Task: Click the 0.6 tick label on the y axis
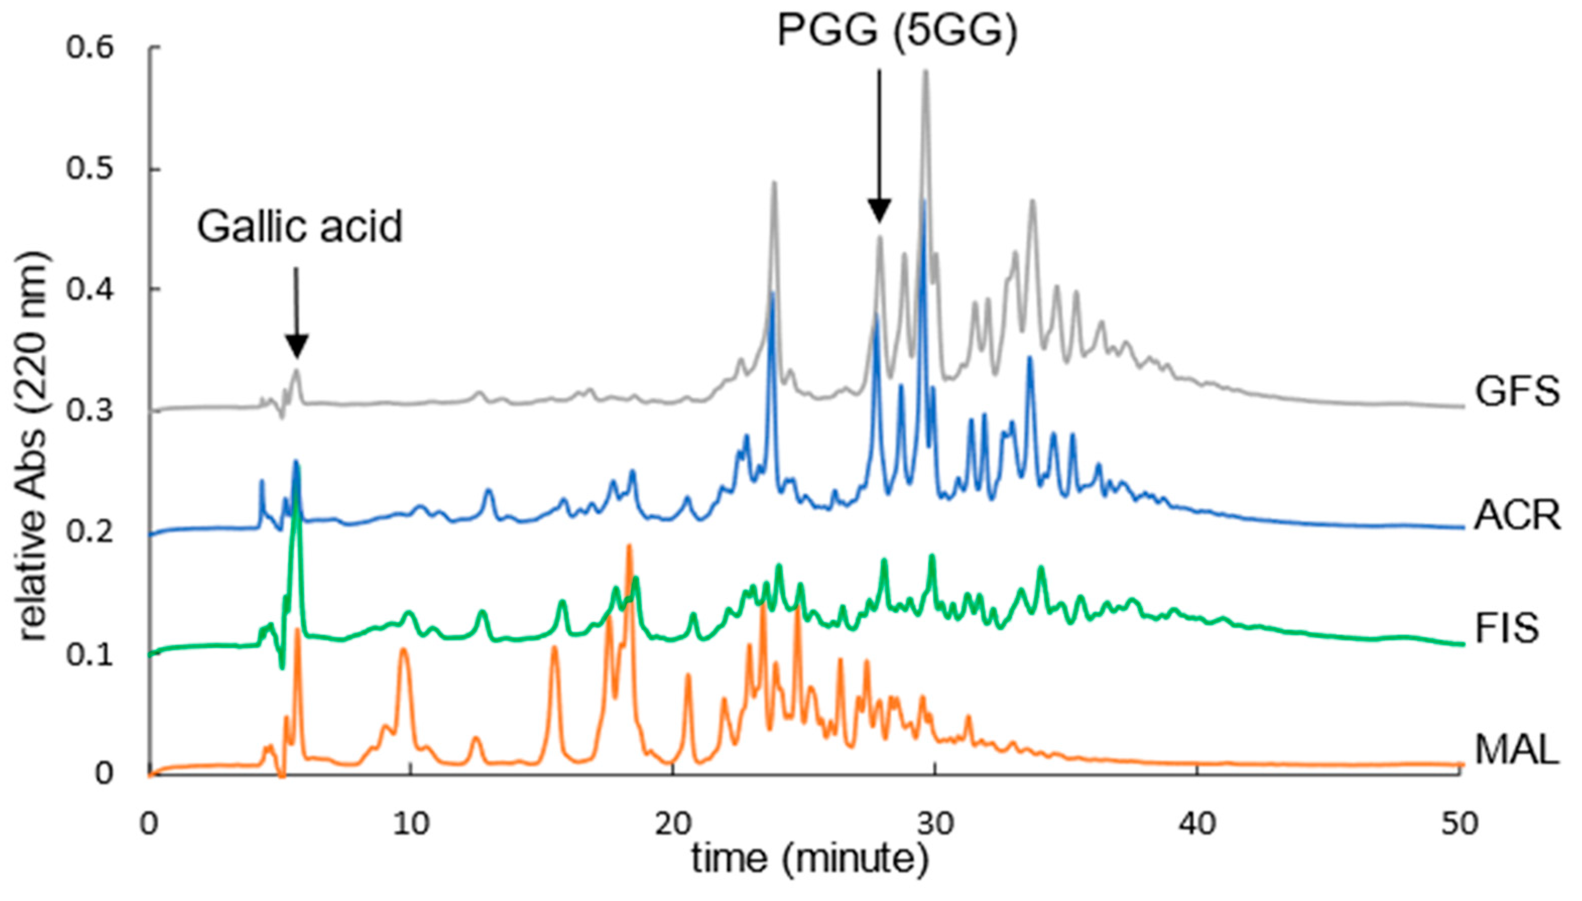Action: coord(90,48)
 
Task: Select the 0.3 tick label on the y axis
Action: coord(90,411)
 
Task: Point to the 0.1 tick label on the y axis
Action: coord(90,654)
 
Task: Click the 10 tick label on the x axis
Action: coord(410,824)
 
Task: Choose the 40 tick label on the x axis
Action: coord(1197,824)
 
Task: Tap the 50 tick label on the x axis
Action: coord(1460,824)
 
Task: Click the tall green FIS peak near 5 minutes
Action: coord(296,495)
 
